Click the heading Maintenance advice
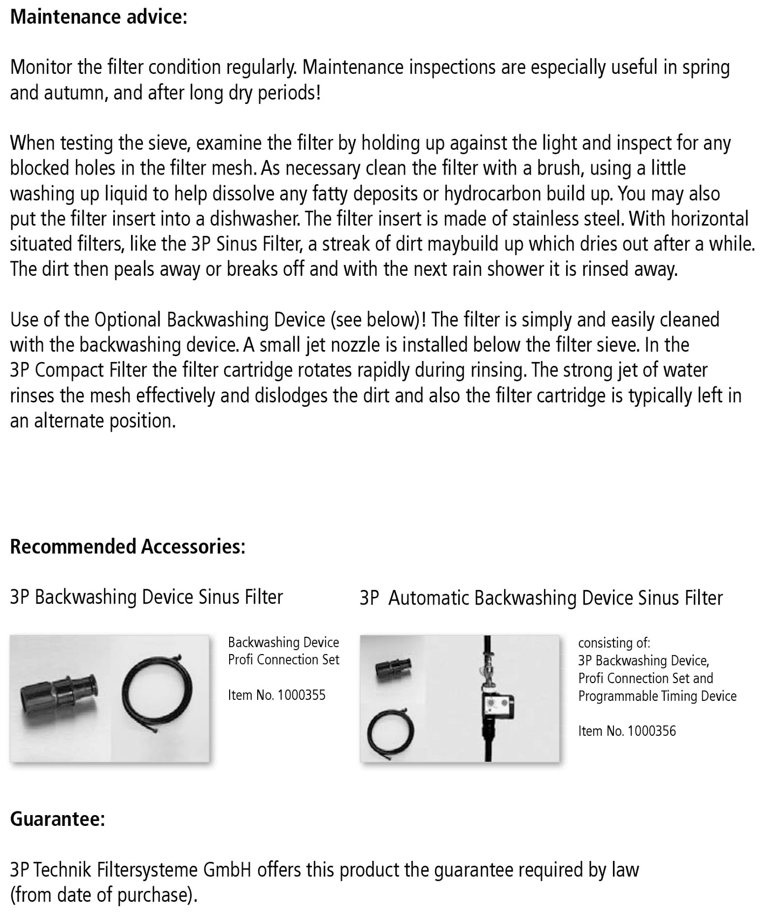pos(99,17)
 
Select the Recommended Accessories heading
pos(128,546)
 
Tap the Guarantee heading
pos(57,819)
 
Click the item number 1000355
pos(301,695)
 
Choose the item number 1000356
pos(651,731)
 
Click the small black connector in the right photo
pos(393,669)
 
